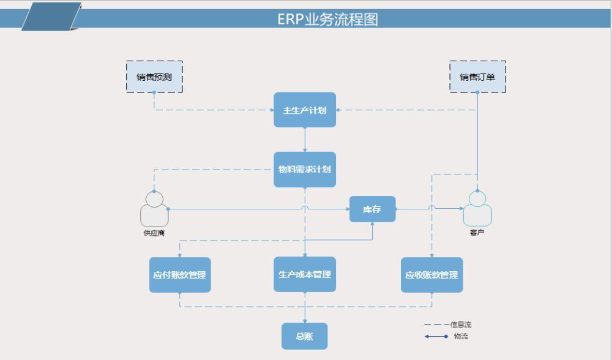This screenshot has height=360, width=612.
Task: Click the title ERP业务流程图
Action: pyautogui.click(x=327, y=19)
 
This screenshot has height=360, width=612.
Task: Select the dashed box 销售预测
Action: pyautogui.click(x=154, y=77)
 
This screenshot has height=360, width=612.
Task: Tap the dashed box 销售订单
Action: pyautogui.click(x=477, y=77)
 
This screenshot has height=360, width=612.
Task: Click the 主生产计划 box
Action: pyautogui.click(x=305, y=110)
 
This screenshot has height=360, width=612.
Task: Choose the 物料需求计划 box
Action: pyautogui.click(x=305, y=169)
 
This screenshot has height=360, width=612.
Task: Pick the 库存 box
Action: pyautogui.click(x=372, y=209)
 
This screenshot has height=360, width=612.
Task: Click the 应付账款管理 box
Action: pyautogui.click(x=180, y=275)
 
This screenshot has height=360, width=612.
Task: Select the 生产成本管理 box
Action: pyautogui.click(x=305, y=274)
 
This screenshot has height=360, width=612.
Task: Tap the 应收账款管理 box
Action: pyautogui.click(x=431, y=275)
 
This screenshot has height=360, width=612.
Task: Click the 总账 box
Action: pyautogui.click(x=304, y=336)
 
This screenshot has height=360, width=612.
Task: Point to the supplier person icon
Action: pyautogui.click(x=154, y=209)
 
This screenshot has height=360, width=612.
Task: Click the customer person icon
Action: pyautogui.click(x=477, y=209)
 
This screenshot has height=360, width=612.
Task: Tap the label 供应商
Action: pyautogui.click(x=154, y=233)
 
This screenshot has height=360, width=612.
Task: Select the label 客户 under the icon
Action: pyautogui.click(x=477, y=233)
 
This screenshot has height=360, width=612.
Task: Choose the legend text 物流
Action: pyautogui.click(x=461, y=336)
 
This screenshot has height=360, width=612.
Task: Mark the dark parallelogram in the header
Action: pyautogui.click(x=51, y=17)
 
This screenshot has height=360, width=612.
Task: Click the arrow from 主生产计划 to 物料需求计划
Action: pyautogui.click(x=305, y=140)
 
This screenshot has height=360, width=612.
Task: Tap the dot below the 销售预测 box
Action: pyautogui.click(x=154, y=92)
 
